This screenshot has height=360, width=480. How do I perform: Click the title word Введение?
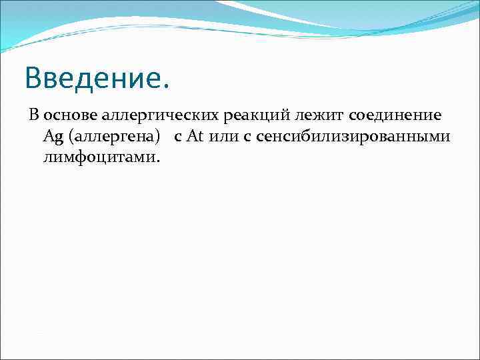point(97,79)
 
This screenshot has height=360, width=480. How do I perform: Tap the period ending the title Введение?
point(166,87)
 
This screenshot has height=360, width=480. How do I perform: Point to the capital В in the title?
point(34,79)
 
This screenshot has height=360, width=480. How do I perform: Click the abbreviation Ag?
point(53,137)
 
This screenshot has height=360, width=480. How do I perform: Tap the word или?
point(223,137)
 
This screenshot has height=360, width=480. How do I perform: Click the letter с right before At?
point(178,138)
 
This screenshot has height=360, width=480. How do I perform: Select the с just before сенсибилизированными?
point(247,138)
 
